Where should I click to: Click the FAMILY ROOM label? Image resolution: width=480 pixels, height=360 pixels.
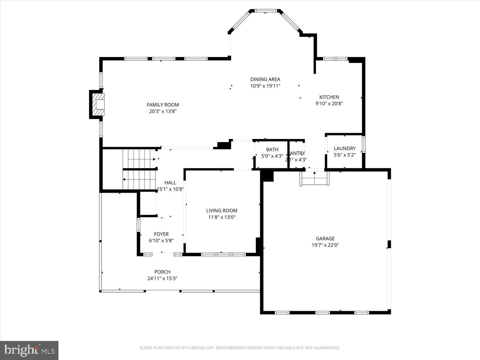[x=163, y=105]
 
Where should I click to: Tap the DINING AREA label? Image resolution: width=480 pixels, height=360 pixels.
[x=265, y=79]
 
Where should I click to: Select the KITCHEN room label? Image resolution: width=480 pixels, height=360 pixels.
[x=329, y=97]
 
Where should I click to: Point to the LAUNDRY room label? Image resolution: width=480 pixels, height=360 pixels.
[x=344, y=148]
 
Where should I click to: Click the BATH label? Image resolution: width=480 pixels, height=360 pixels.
[x=272, y=150]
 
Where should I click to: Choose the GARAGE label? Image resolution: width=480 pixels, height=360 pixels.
[x=325, y=238]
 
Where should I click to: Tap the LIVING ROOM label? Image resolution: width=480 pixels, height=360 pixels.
[x=222, y=211]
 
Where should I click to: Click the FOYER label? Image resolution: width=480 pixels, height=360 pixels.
[x=161, y=234]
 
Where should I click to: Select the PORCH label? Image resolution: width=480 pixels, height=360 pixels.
[x=162, y=272]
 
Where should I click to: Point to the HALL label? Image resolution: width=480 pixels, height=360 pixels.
[x=170, y=182]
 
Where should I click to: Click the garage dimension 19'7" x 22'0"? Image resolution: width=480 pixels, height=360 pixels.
[x=325, y=245]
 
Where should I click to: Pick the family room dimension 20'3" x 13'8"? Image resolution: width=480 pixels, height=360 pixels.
[x=163, y=111]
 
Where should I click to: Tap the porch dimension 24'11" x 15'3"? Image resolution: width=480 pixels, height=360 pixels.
[x=162, y=278]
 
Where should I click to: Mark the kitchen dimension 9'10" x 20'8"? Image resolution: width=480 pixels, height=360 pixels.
[x=329, y=104]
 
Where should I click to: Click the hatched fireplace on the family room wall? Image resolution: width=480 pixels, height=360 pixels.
[x=97, y=104]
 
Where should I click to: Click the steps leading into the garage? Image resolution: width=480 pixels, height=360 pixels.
[x=314, y=179]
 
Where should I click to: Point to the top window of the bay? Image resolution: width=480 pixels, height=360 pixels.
[x=266, y=11]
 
